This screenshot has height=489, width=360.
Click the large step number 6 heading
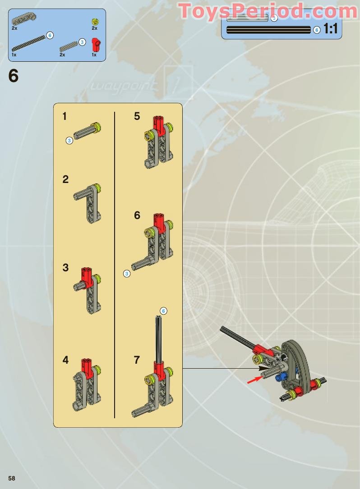click(x=14, y=76)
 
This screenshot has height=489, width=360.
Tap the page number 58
click(x=12, y=478)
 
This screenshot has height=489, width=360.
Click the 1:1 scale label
click(x=331, y=30)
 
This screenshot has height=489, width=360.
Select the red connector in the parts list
click(x=95, y=45)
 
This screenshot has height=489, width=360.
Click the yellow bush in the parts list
click(x=95, y=21)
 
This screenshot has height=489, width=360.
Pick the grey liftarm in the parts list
click(x=24, y=19)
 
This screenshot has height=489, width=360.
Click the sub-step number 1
click(x=65, y=116)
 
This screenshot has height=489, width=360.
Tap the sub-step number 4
click(x=66, y=360)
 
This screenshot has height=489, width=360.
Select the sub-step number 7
click(x=137, y=360)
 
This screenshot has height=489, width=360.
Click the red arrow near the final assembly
click(x=254, y=380)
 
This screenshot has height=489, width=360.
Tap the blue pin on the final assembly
click(x=283, y=377)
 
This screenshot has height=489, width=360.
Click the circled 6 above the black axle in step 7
click(x=163, y=311)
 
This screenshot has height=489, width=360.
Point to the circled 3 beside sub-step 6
click(x=127, y=273)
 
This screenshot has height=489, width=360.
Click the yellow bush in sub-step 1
click(x=96, y=127)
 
